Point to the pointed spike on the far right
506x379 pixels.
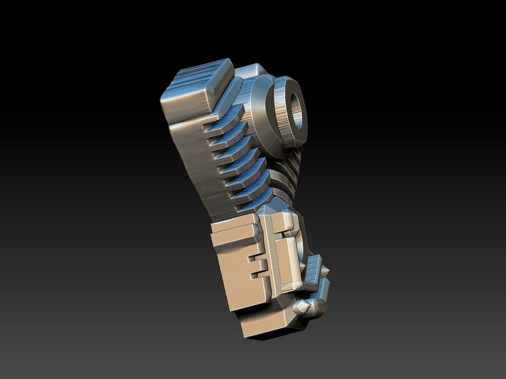tap(326, 271)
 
